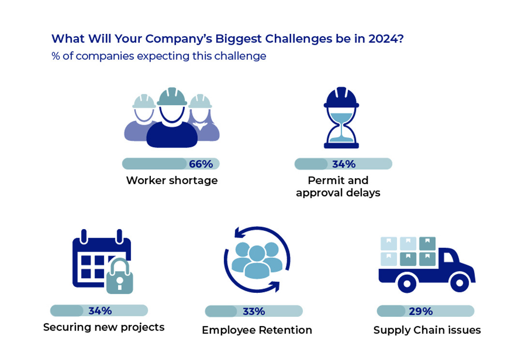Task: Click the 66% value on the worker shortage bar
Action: click(x=201, y=164)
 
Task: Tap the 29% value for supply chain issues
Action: click(x=421, y=311)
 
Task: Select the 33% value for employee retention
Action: click(x=254, y=311)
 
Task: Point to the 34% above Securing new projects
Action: click(x=100, y=311)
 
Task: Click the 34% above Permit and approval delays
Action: click(x=344, y=164)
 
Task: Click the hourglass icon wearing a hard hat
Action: click(x=341, y=117)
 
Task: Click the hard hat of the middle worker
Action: click(x=172, y=96)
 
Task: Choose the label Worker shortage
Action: click(x=172, y=180)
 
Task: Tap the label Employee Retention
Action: click(x=257, y=330)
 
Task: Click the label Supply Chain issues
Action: click(x=427, y=330)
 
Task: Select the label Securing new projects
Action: click(x=104, y=328)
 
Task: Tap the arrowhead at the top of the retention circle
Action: click(x=240, y=233)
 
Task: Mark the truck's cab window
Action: click(x=448, y=257)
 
